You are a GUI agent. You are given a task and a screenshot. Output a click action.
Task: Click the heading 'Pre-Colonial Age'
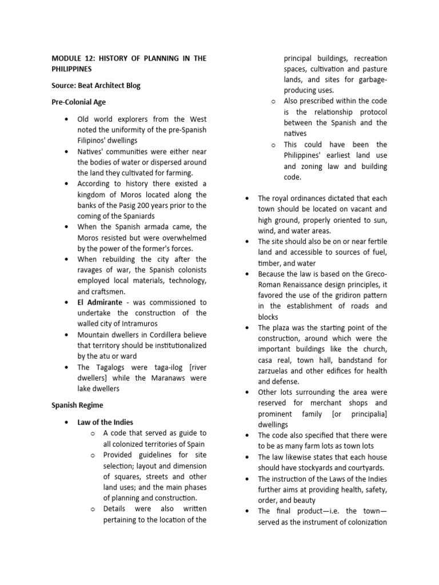[x=78, y=102]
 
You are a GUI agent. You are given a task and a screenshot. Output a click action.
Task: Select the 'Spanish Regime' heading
[x=77, y=405]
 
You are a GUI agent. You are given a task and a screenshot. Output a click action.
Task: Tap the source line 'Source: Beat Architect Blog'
[x=95, y=85]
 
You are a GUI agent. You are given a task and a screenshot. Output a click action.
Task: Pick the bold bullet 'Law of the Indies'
[x=105, y=422]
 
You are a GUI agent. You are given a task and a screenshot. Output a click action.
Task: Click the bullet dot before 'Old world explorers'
[x=67, y=119]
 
